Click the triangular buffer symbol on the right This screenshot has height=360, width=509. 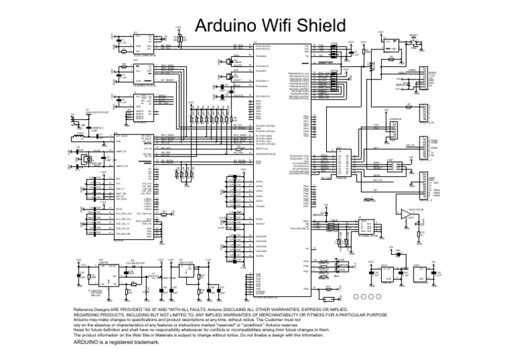tap(406, 213)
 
